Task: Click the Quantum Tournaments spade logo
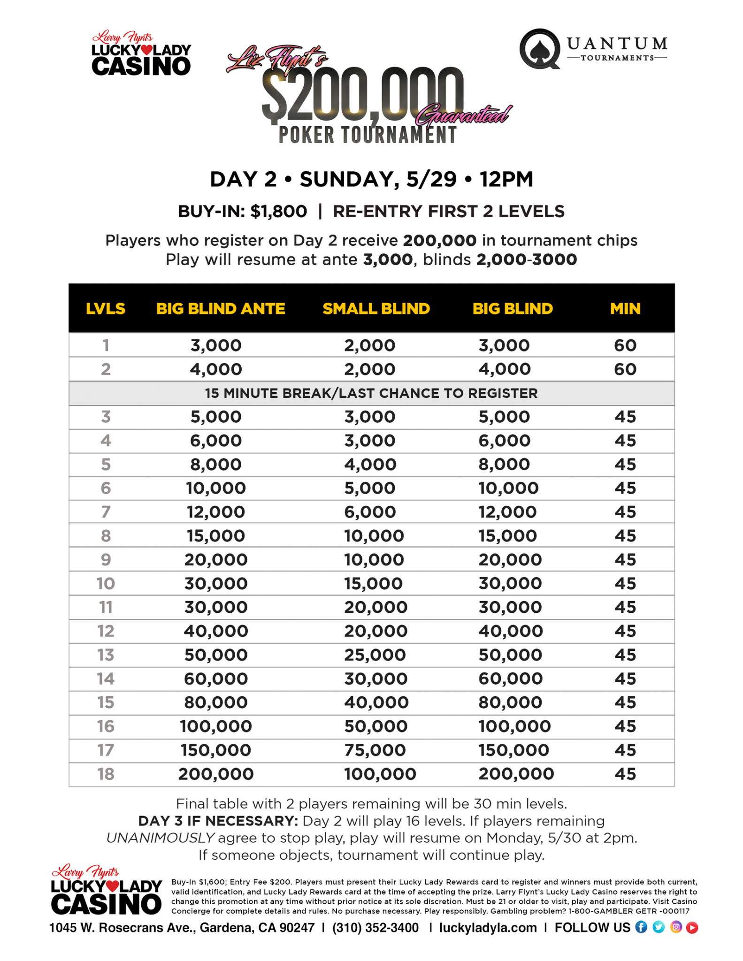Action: point(540,49)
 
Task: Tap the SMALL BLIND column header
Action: point(376,309)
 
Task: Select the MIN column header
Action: point(625,309)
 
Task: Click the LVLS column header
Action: point(106,309)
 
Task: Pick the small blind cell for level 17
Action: point(375,750)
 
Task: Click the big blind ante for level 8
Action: point(216,536)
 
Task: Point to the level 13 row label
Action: point(106,655)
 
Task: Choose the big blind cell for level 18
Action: point(516,774)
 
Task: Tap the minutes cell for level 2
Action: point(625,369)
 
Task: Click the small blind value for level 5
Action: point(370,465)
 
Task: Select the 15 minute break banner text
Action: point(371,393)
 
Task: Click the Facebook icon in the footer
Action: point(641,927)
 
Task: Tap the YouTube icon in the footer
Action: point(692,927)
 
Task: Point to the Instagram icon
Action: point(675,927)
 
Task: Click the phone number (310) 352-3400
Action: point(375,928)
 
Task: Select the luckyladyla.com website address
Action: point(488,928)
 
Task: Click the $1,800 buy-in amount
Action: point(279,212)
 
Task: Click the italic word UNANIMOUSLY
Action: point(161,838)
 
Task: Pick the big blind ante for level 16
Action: point(216,726)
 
